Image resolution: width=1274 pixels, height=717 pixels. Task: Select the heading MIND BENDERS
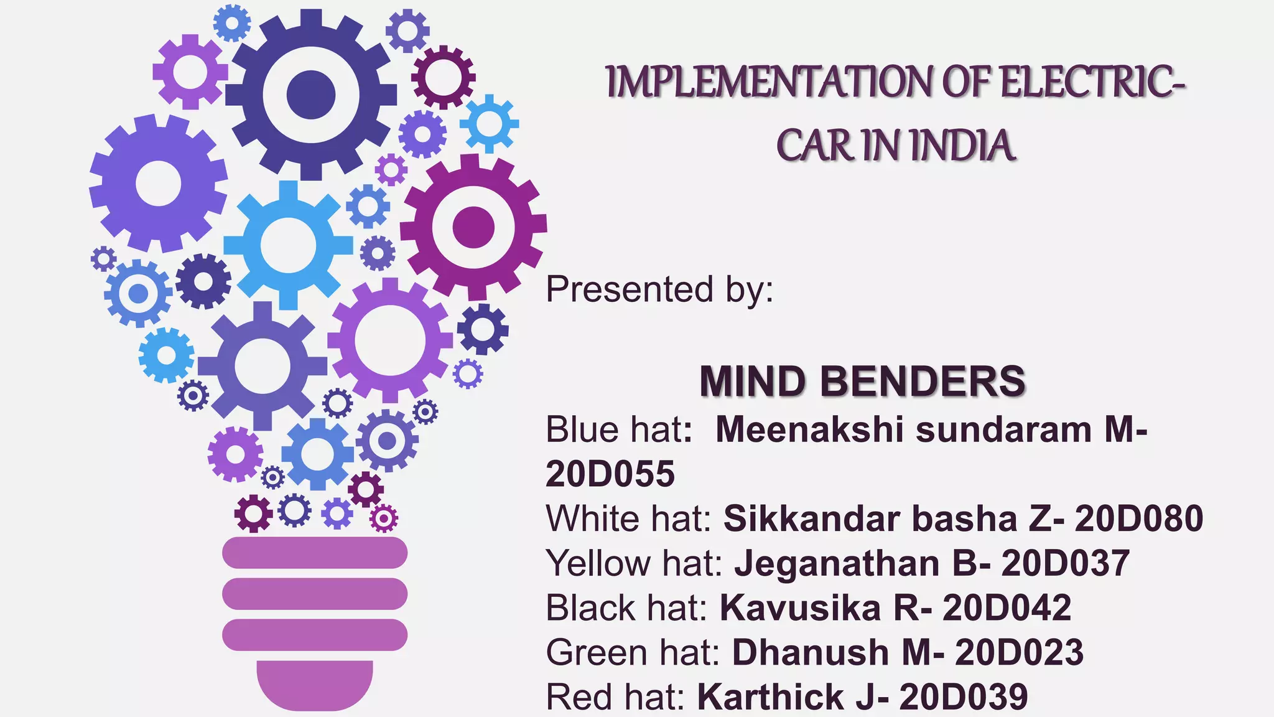coord(862,381)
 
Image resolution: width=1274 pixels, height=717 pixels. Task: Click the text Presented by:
coord(659,289)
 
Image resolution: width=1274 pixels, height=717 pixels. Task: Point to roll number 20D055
coord(610,474)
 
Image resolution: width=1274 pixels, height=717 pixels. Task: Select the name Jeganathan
coord(837,563)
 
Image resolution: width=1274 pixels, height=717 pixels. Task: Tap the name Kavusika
coord(800,608)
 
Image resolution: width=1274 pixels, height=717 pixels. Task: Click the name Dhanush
coord(810,652)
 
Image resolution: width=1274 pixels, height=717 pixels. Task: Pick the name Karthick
coord(770,697)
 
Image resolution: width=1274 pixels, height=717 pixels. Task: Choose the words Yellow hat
coord(633,563)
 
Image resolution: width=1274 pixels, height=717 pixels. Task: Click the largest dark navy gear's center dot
coord(310,95)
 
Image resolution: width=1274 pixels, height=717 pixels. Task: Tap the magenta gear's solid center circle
coord(473,227)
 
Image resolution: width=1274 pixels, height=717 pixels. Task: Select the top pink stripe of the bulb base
coord(315,553)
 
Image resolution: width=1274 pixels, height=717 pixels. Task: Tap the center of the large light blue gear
coord(288,245)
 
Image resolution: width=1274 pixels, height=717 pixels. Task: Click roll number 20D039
coord(963,697)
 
